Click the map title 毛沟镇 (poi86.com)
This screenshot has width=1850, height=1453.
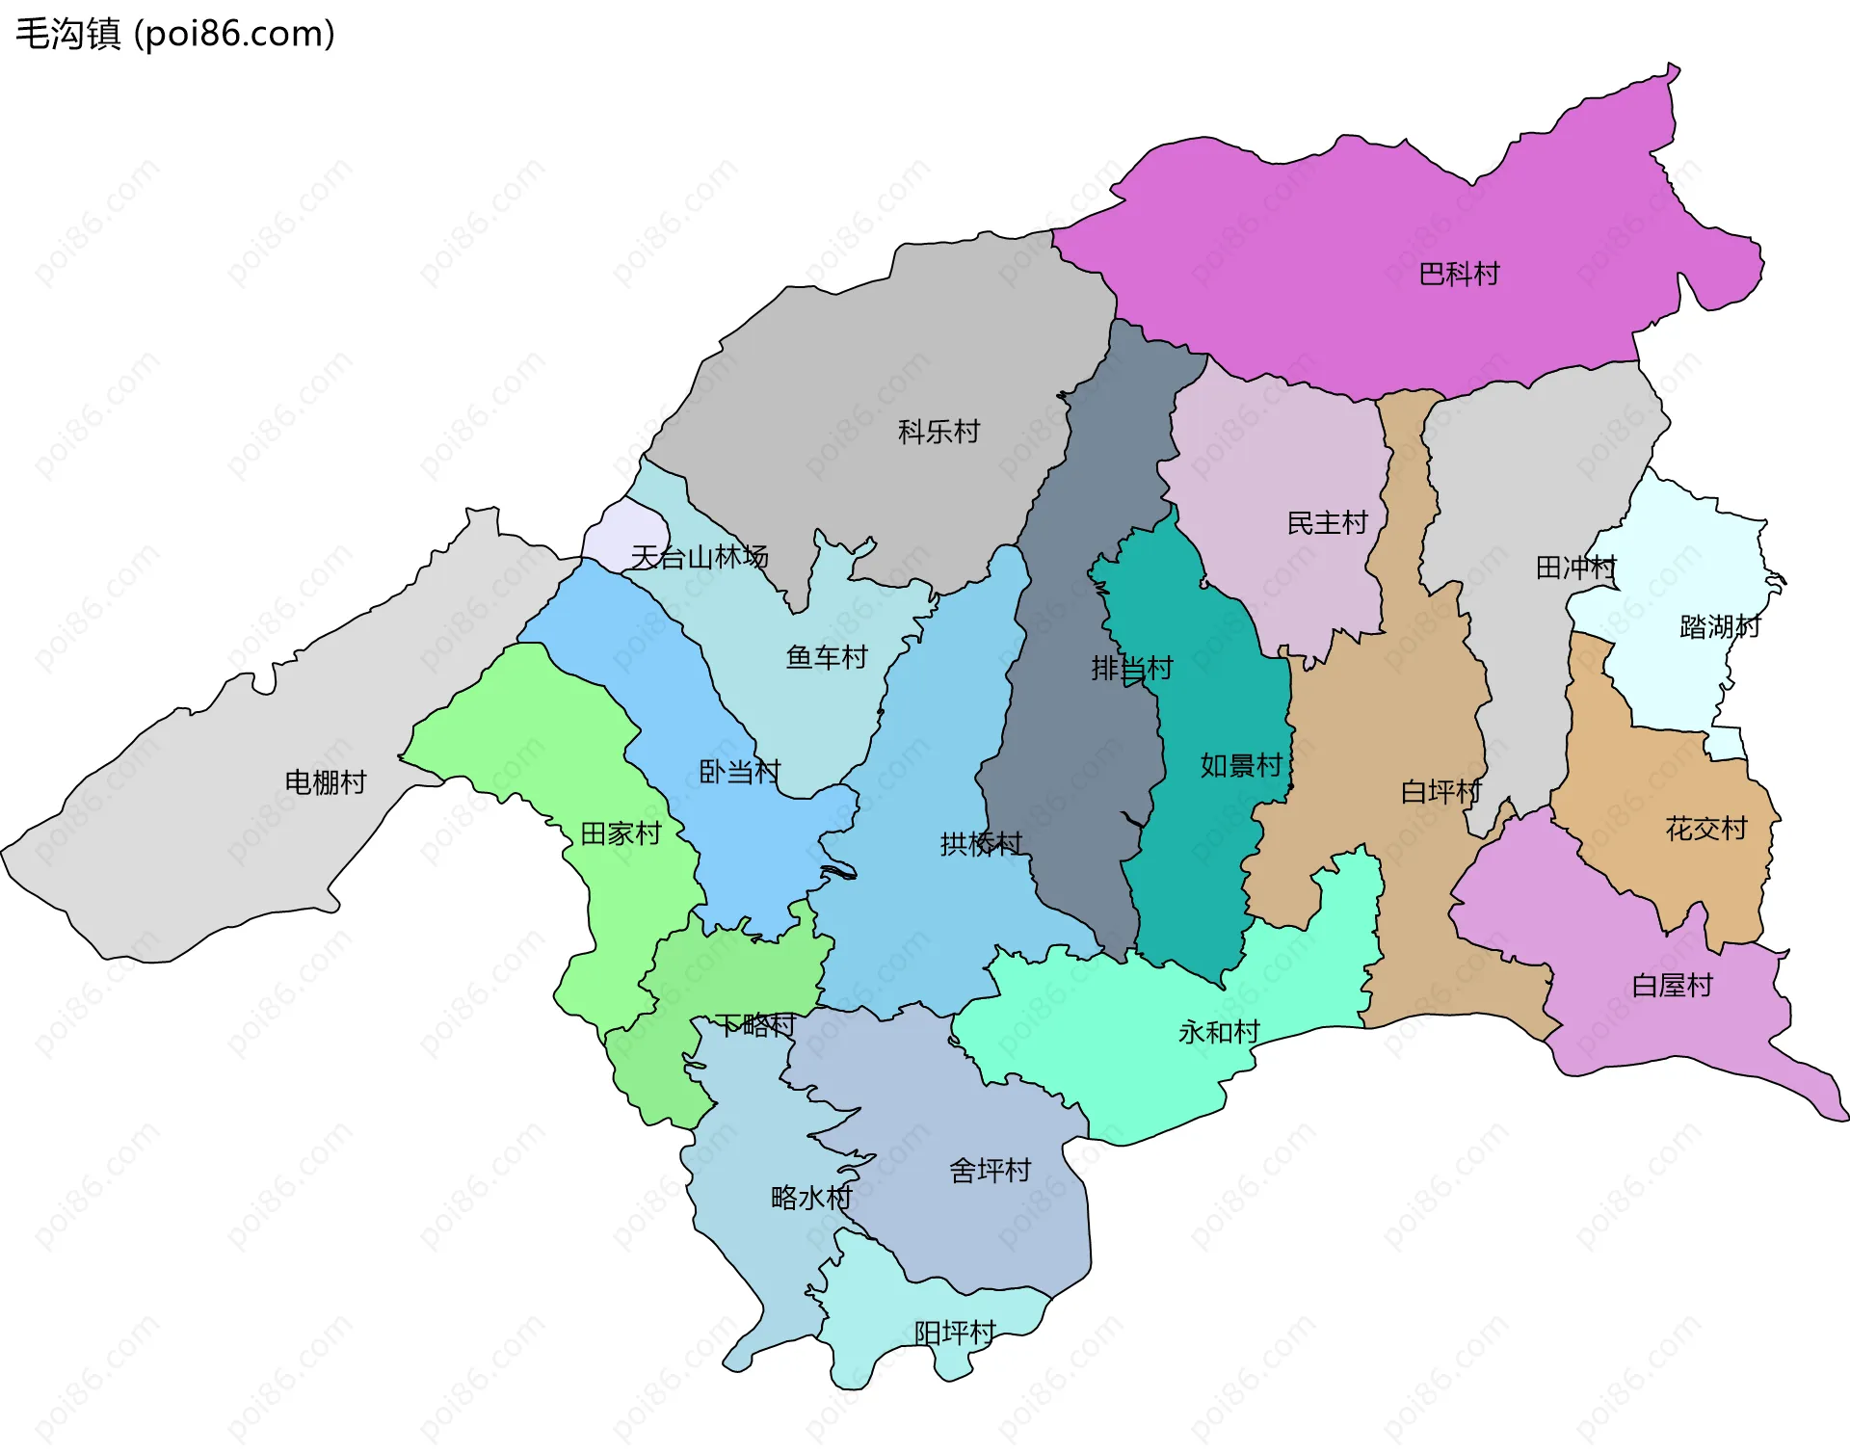[x=175, y=34]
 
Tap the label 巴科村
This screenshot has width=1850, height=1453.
[x=1459, y=275]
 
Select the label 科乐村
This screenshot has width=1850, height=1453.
[x=938, y=432]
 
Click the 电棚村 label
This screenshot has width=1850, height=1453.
[x=326, y=782]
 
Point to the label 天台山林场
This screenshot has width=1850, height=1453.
[x=699, y=557]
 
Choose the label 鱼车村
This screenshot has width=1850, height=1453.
[x=827, y=657]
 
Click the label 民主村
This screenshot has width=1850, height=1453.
[x=1327, y=523]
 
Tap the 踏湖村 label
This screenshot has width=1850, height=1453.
[x=1719, y=627]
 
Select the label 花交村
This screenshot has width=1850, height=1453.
[x=1705, y=829]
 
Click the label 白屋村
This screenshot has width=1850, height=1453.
[x=1672, y=986]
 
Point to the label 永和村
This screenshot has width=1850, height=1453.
[x=1219, y=1033]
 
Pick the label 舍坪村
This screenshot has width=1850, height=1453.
[x=990, y=1171]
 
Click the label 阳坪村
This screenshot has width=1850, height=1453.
[x=954, y=1334]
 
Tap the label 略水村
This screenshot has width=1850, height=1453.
[x=811, y=1198]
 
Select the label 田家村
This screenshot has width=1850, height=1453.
[x=621, y=833]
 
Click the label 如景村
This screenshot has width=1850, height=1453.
[x=1240, y=766]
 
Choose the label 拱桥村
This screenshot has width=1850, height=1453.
[x=980, y=844]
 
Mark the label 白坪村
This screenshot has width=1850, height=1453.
[x=1440, y=792]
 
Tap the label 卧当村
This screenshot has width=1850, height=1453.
[x=739, y=772]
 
